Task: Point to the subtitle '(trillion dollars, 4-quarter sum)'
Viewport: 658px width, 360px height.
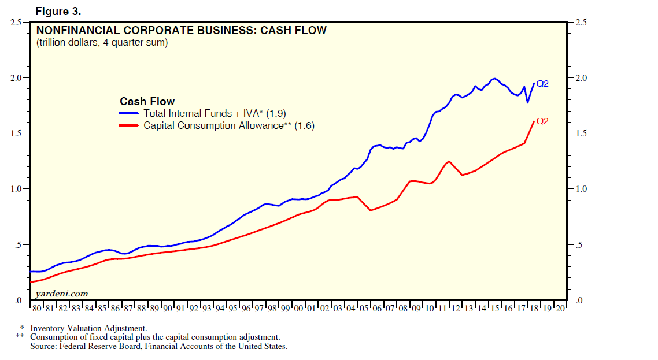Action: (x=102, y=43)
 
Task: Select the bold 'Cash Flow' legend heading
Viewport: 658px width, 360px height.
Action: (x=147, y=102)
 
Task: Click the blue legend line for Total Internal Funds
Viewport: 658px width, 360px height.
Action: (x=130, y=114)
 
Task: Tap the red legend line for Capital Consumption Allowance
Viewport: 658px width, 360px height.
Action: (x=130, y=125)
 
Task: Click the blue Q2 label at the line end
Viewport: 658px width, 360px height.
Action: (x=542, y=84)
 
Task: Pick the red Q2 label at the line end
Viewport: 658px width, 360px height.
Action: (x=542, y=121)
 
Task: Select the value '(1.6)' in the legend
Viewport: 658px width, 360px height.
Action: (x=305, y=125)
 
